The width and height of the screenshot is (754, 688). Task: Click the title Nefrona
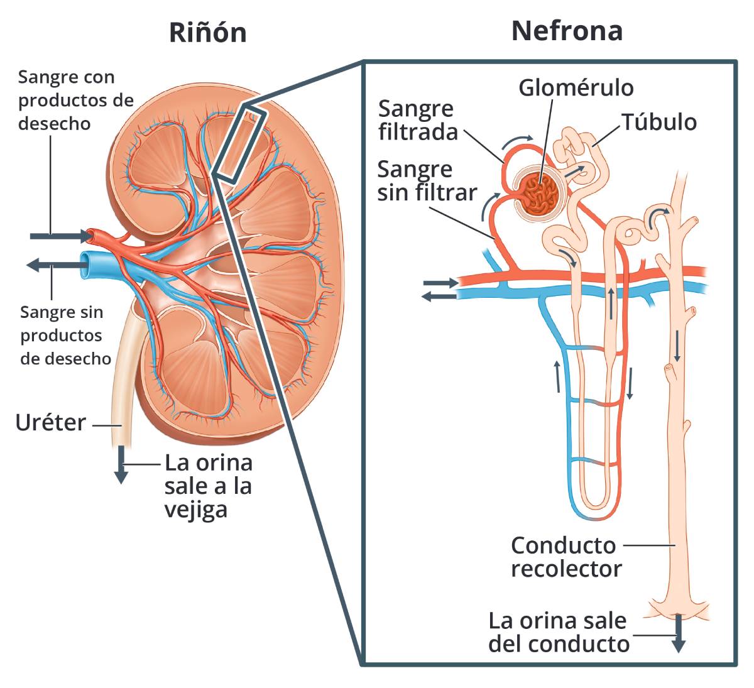point(567,30)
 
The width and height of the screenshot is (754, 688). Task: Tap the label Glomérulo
point(576,88)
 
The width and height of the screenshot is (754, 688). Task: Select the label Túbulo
point(659,122)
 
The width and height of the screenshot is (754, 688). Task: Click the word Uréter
point(50,423)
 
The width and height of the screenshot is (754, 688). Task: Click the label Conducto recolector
point(565,557)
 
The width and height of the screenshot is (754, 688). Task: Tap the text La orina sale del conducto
point(558,632)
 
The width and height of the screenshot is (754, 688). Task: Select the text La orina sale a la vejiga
point(209,486)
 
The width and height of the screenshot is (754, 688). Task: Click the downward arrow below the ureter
point(121,465)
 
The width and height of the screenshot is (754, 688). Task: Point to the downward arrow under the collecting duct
point(678,635)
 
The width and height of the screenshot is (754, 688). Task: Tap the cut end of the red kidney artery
point(90,236)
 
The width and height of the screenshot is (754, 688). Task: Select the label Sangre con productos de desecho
point(75,101)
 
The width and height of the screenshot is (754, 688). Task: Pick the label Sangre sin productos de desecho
point(65,336)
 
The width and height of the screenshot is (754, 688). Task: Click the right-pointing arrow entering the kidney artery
point(60,236)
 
